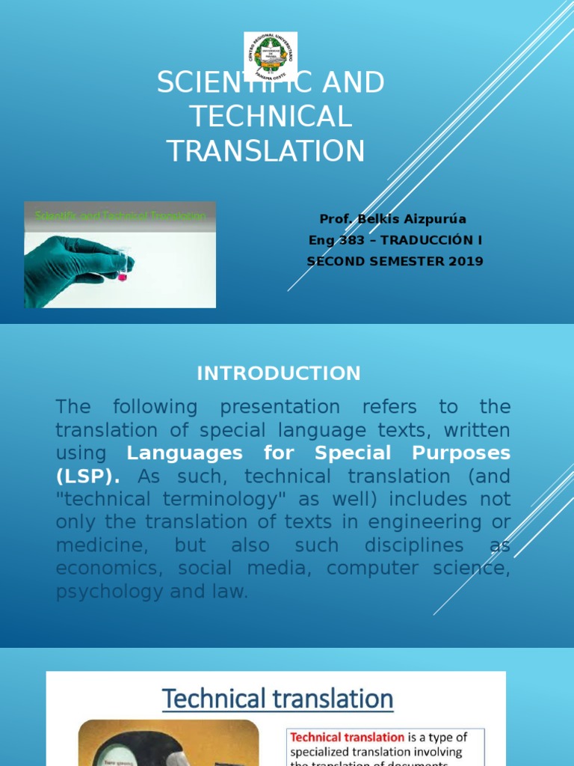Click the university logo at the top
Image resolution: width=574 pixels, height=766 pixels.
271,57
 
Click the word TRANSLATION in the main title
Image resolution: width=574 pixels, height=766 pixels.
266,150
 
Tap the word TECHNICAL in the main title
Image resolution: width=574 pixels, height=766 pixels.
270,117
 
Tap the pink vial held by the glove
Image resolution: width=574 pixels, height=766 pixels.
122,276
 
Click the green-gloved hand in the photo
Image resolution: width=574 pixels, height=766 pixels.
71,266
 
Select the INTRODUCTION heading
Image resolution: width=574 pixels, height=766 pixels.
279,373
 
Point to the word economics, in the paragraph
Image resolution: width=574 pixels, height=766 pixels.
109,568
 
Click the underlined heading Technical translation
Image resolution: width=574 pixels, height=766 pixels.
277,699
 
